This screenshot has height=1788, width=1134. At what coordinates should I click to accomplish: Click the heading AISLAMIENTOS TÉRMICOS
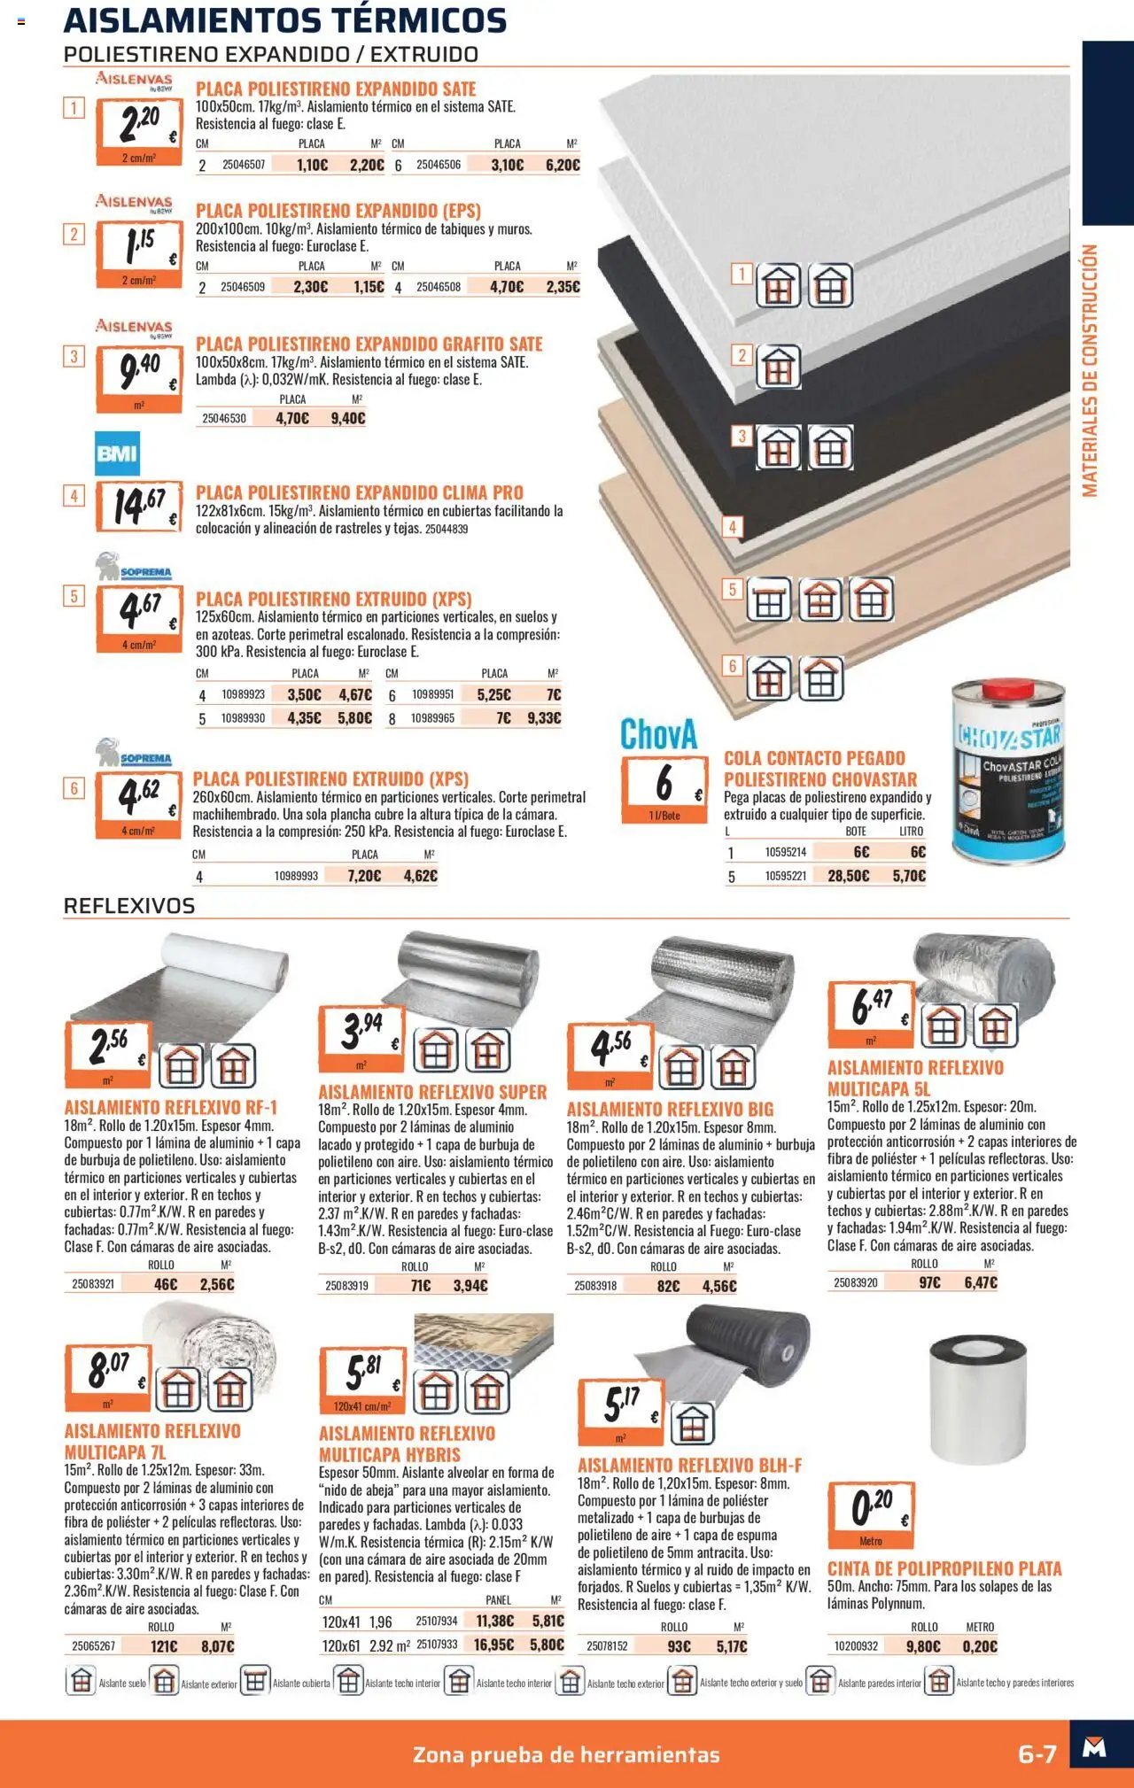point(285,19)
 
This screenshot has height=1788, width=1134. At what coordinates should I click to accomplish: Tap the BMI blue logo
point(117,454)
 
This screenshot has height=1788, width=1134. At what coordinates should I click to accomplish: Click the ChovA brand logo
point(658,734)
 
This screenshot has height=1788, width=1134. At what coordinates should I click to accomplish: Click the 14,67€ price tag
point(138,507)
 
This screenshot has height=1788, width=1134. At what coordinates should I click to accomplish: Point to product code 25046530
point(224,418)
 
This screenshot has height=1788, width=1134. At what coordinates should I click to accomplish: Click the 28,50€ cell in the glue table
point(848,876)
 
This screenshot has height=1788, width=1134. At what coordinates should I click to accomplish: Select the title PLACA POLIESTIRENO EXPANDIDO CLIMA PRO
point(359,492)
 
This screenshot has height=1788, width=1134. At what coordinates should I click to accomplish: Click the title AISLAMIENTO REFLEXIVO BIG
point(670,1109)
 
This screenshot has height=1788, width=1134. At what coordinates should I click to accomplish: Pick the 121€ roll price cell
point(164,1646)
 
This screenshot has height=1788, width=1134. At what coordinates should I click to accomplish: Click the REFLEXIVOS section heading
point(129,906)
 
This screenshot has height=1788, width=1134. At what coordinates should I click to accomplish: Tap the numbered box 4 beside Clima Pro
point(74,496)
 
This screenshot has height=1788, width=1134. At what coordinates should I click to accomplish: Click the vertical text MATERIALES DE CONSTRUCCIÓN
point(1090,370)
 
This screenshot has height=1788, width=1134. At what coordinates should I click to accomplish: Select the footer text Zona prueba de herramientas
point(566,1754)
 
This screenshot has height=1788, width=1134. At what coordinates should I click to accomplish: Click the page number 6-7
point(1037,1754)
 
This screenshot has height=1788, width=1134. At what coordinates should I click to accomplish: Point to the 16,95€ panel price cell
point(494,1645)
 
